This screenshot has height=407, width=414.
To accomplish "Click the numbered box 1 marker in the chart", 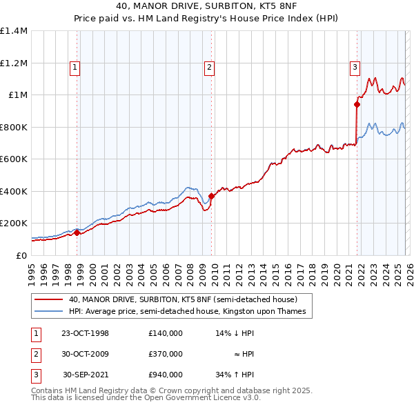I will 74,68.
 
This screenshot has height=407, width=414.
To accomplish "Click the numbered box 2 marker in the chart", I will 208,68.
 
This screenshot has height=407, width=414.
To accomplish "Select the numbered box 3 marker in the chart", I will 354,68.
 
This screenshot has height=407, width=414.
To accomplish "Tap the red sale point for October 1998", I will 77,233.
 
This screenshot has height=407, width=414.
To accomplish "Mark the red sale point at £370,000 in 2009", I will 211,196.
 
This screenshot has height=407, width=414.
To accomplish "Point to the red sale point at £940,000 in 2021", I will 357,105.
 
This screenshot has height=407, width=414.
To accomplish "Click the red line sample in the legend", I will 49,300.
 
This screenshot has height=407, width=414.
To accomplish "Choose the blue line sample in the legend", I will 49,312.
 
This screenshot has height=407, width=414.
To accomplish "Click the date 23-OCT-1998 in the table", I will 85,333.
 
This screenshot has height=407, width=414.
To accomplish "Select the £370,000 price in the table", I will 165,354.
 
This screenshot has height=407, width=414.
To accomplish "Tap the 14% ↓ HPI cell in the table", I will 234,333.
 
